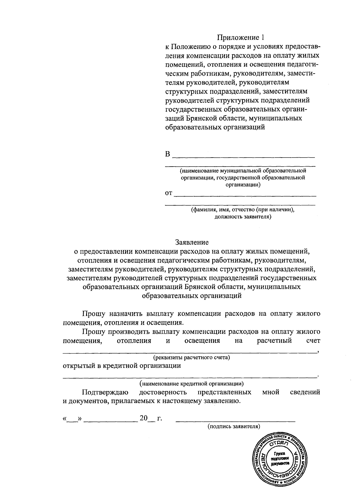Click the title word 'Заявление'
[192, 242]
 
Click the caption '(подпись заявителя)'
[234, 426]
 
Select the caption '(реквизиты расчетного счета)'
[191, 358]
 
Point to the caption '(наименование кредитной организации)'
[191, 383]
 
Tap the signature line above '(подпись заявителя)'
[235, 421]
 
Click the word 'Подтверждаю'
[105, 392]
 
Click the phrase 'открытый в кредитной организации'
[122, 366]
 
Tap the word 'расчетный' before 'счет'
[274, 341]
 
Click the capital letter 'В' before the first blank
[168, 154]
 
